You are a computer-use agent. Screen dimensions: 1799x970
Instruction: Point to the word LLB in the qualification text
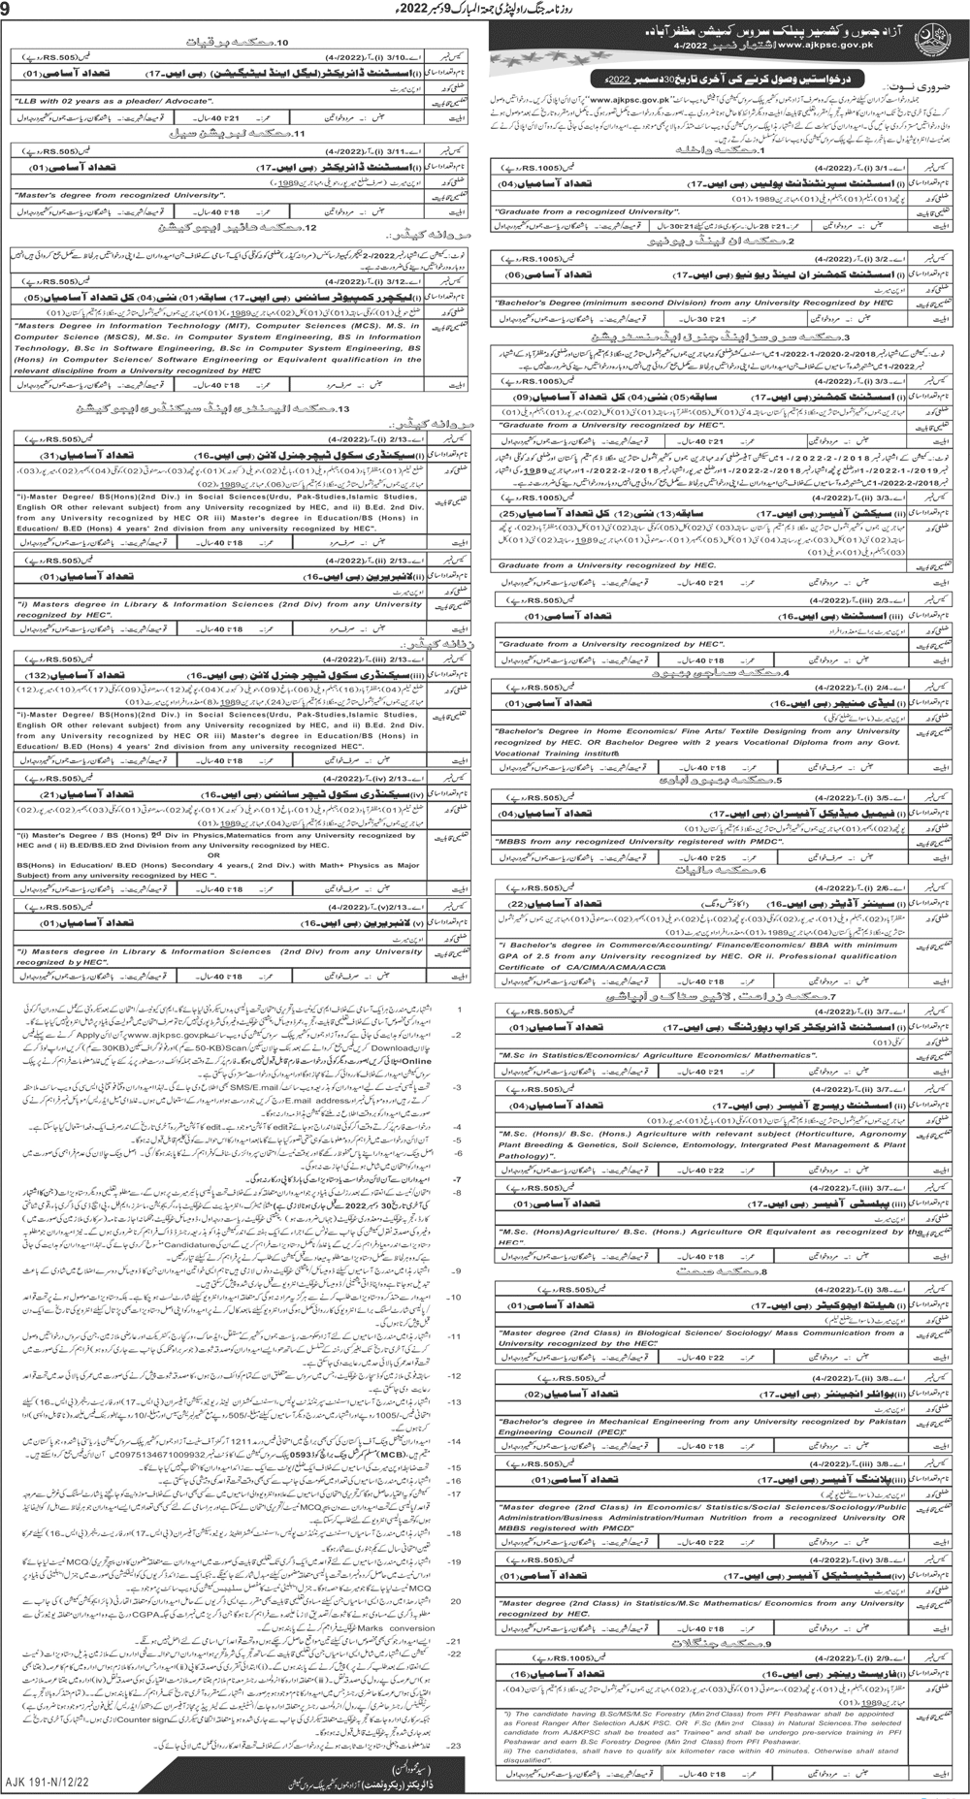(x=27, y=100)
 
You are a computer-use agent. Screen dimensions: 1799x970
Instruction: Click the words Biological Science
(x=662, y=1333)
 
